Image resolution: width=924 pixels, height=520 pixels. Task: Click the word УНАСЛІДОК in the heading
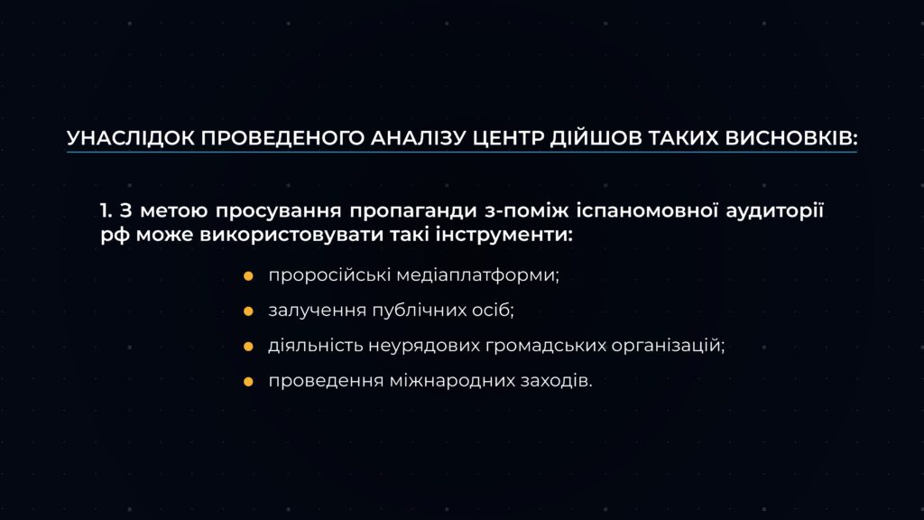click(130, 138)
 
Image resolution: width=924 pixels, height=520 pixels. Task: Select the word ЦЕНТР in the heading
click(508, 138)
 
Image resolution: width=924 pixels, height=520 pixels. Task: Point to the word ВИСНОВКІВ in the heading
click(790, 138)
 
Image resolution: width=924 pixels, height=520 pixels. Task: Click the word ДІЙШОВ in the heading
click(596, 138)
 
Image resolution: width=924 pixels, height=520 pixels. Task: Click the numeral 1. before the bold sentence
click(106, 210)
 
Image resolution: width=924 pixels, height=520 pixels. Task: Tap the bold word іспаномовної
click(647, 211)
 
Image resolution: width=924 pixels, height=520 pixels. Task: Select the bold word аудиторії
click(774, 211)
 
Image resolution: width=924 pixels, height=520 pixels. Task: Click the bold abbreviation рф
click(115, 236)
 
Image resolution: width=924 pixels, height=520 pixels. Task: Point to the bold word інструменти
click(504, 235)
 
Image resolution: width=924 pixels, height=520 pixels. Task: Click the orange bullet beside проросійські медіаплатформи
click(249, 276)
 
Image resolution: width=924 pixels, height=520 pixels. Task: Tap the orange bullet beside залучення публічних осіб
click(249, 311)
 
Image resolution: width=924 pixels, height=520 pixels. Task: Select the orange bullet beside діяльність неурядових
click(249, 347)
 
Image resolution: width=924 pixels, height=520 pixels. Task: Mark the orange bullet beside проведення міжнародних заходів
click(249, 382)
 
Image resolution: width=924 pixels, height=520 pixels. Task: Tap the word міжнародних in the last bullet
click(451, 382)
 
